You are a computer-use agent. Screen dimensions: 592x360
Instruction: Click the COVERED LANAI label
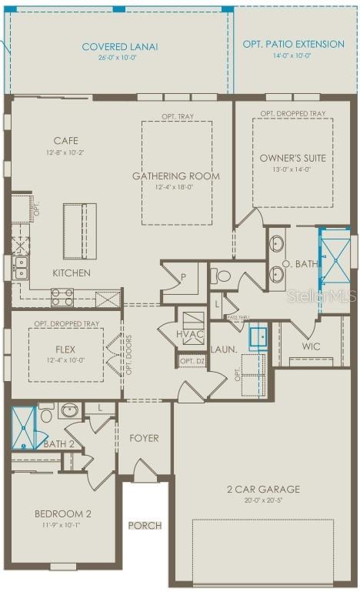(x=119, y=47)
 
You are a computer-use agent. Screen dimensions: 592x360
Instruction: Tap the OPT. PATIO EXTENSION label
(x=294, y=44)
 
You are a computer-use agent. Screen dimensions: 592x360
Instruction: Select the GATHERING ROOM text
(x=176, y=176)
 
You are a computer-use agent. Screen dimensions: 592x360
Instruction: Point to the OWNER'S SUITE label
(x=292, y=158)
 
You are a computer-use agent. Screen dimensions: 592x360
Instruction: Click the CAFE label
(x=65, y=141)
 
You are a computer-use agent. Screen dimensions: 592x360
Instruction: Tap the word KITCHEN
(x=72, y=273)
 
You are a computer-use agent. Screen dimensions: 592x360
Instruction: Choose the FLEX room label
(x=65, y=349)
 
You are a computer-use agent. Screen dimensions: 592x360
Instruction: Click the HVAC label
(x=191, y=335)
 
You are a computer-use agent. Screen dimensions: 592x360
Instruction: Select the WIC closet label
(x=311, y=346)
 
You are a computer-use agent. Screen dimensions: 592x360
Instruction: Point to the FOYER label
(x=144, y=438)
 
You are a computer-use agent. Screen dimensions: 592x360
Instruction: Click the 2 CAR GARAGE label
(x=263, y=489)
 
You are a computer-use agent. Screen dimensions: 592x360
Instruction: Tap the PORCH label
(x=145, y=526)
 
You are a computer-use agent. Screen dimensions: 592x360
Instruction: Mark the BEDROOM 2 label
(x=63, y=514)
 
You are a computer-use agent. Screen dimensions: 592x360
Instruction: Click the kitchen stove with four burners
(x=62, y=297)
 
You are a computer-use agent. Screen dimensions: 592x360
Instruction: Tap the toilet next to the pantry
(x=221, y=275)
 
